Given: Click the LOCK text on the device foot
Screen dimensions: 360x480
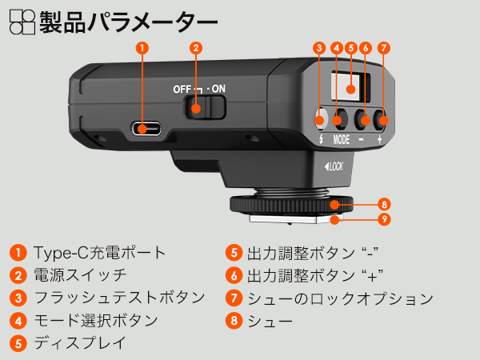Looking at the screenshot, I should click(334, 167).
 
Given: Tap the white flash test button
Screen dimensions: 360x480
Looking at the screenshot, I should click(320, 122).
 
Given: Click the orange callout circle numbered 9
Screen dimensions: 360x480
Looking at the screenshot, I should click(384, 218).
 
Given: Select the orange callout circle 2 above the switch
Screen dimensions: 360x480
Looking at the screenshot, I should click(195, 47).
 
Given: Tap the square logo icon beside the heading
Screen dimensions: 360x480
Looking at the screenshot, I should click(22, 19).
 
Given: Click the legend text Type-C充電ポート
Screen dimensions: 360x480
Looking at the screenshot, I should click(100, 253).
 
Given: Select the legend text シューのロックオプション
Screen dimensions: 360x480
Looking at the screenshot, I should click(340, 298).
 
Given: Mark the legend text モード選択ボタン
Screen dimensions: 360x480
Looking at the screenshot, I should click(96, 321).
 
